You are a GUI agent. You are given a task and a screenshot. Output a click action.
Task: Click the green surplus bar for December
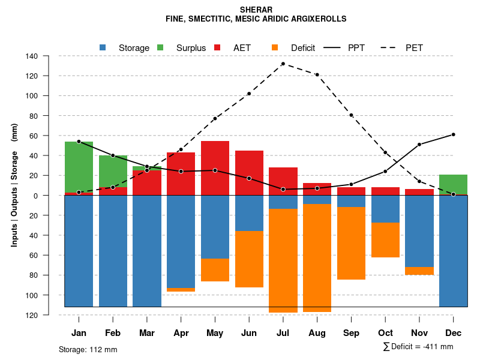pos(453,184)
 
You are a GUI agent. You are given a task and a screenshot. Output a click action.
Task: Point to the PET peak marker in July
pos(283,64)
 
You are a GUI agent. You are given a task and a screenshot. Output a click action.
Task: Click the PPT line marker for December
pos(453,134)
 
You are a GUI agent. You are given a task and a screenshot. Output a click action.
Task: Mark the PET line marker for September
pos(351,115)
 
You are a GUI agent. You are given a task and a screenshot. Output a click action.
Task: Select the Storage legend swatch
pos(103,47)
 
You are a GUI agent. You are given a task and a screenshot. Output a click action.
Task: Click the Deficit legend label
pos(302,47)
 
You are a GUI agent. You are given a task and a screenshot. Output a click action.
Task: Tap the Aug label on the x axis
pos(317,333)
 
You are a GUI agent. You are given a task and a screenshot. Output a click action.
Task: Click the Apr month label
pos(181,333)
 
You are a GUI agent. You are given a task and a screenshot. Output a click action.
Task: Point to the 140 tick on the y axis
pos(32,56)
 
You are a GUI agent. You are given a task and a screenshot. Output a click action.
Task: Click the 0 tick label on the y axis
pos(36,196)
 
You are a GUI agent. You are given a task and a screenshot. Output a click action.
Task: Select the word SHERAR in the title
pos(256,10)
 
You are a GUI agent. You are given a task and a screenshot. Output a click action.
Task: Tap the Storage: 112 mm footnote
pos(88,349)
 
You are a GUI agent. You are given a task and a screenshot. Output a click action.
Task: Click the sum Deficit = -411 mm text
pos(418,347)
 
